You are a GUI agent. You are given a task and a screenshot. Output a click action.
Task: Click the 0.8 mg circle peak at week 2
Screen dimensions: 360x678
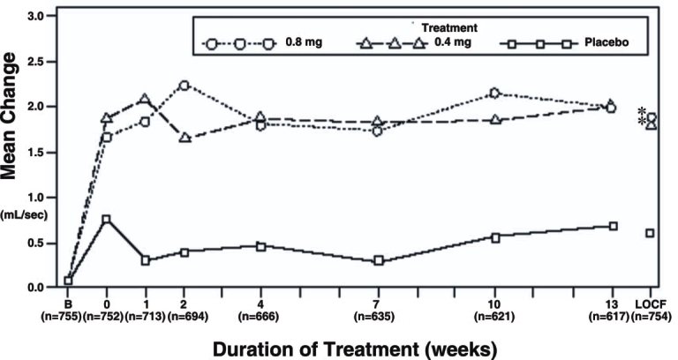[184, 86]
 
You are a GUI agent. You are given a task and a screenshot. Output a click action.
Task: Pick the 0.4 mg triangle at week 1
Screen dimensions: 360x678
[145, 99]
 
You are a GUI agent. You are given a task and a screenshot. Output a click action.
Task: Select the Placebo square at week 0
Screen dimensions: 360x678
[106, 219]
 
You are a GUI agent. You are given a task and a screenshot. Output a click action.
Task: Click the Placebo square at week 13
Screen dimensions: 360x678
[613, 226]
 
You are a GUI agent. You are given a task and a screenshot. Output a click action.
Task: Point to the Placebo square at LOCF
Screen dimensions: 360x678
[650, 233]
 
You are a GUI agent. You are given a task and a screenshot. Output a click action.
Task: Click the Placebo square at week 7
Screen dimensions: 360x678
[378, 260]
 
